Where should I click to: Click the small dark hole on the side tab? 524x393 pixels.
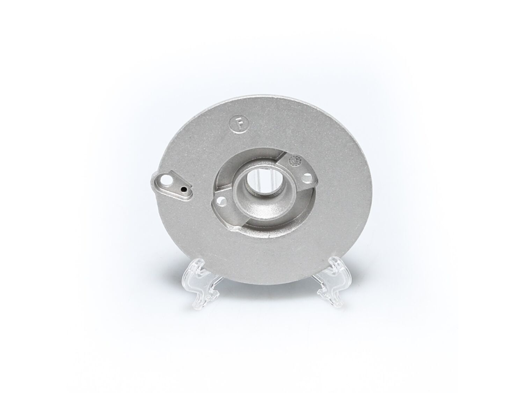pos(184,189)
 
